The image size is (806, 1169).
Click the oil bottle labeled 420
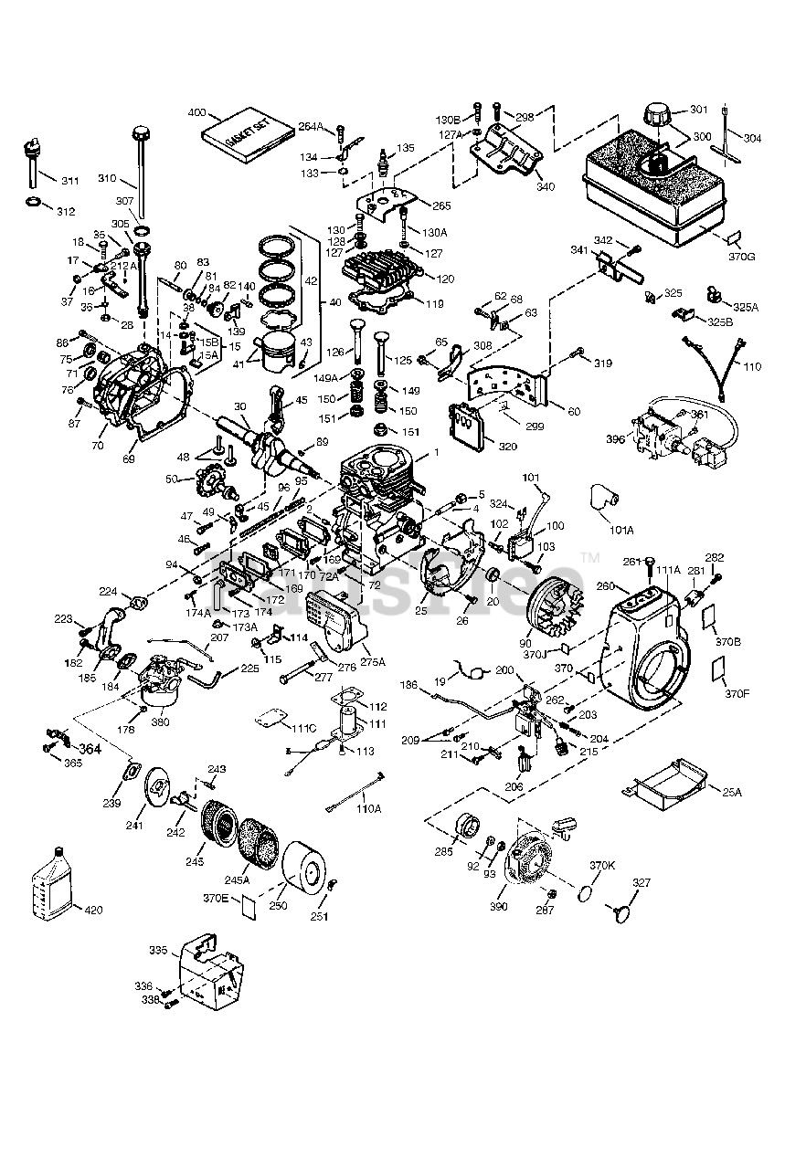(x=54, y=890)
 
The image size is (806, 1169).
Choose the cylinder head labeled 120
(x=384, y=269)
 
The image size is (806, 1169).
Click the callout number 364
(x=90, y=749)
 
